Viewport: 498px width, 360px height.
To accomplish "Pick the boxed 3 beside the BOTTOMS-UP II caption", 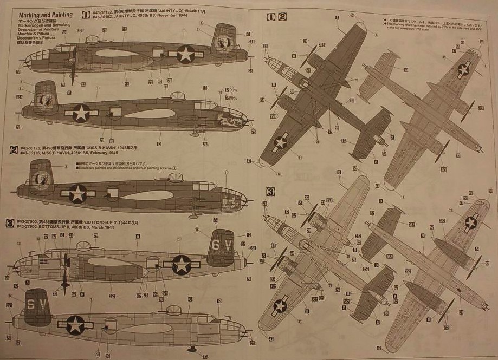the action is pyautogui.click(x=9, y=222).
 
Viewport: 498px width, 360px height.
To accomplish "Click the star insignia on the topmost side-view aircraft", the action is pyautogui.click(x=185, y=54).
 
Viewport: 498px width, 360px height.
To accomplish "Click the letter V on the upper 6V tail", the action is pyautogui.click(x=228, y=245).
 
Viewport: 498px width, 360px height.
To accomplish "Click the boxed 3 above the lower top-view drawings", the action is pyautogui.click(x=271, y=191).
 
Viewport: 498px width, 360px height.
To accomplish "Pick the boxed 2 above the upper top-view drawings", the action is pyautogui.click(x=282, y=17).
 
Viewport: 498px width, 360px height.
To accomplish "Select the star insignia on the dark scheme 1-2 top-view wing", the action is pyautogui.click(x=281, y=142).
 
